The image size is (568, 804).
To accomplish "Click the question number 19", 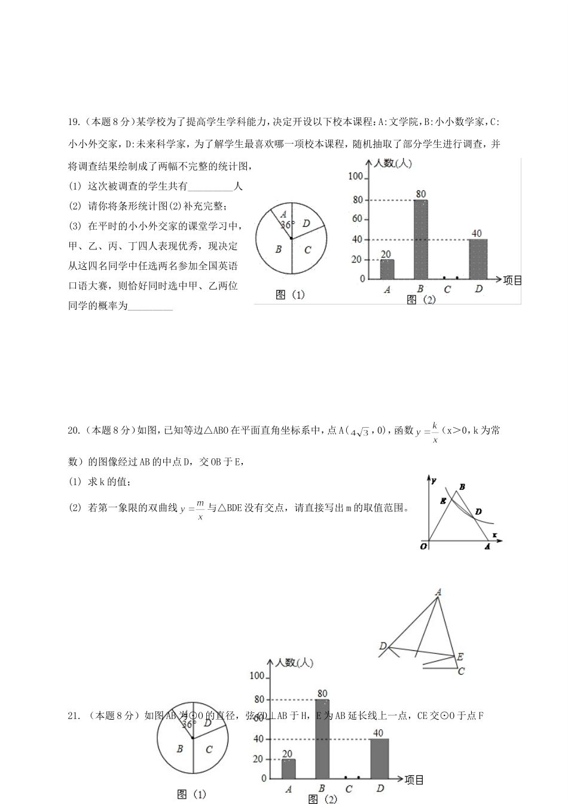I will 74,122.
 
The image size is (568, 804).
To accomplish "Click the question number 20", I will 74,430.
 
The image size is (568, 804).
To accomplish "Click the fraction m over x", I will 200,510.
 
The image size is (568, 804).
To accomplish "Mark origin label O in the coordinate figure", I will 423,546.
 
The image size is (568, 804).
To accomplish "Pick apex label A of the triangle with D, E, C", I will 438,592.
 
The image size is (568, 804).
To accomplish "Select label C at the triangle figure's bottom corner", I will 461,671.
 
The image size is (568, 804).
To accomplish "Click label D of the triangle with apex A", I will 383,646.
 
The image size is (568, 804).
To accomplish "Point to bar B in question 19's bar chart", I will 420,239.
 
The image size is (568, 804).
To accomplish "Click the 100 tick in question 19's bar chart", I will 355,176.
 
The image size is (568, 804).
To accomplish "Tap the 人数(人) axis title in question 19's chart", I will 392,163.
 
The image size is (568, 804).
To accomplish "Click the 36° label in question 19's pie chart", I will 288,225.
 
